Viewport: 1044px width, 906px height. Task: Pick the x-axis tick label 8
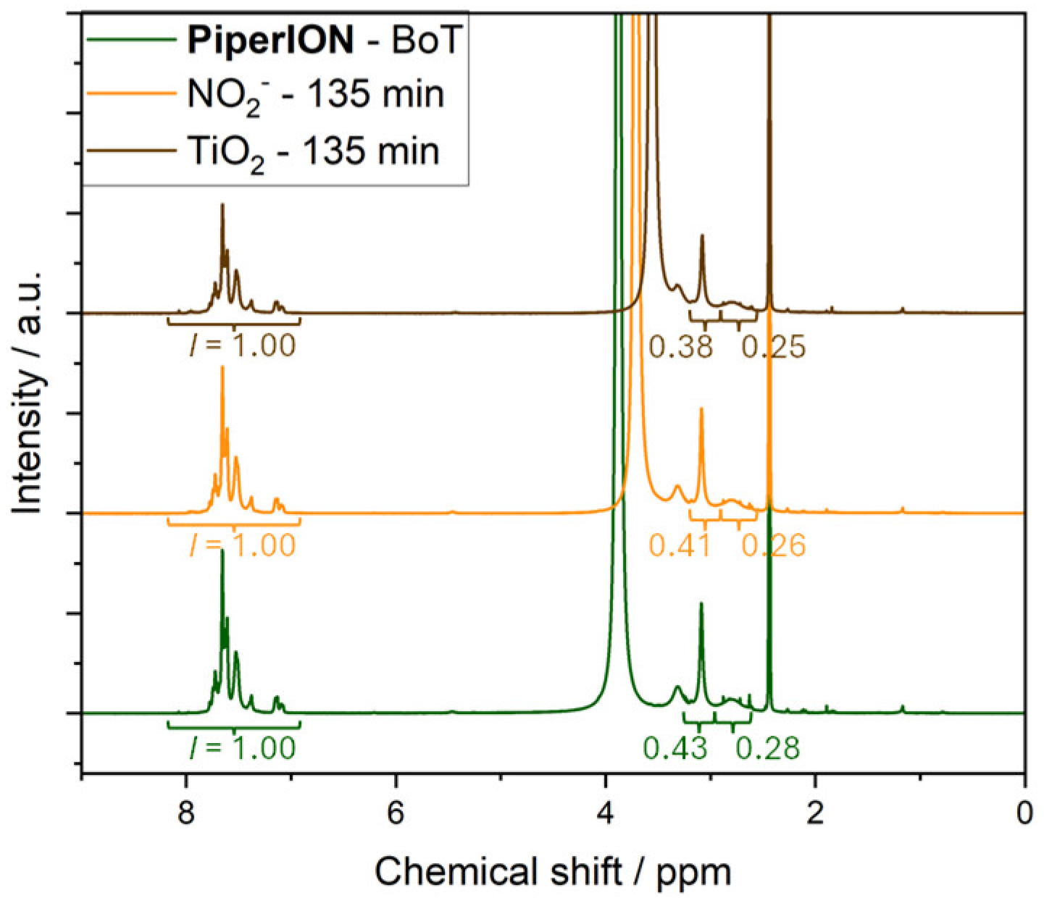click(187, 814)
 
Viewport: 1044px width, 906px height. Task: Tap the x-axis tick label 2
click(815, 814)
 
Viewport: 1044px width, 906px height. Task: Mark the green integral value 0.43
click(675, 748)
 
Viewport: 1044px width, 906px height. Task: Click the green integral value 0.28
click(769, 748)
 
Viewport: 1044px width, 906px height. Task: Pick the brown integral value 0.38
click(681, 348)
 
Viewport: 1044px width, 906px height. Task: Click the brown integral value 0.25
click(774, 348)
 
